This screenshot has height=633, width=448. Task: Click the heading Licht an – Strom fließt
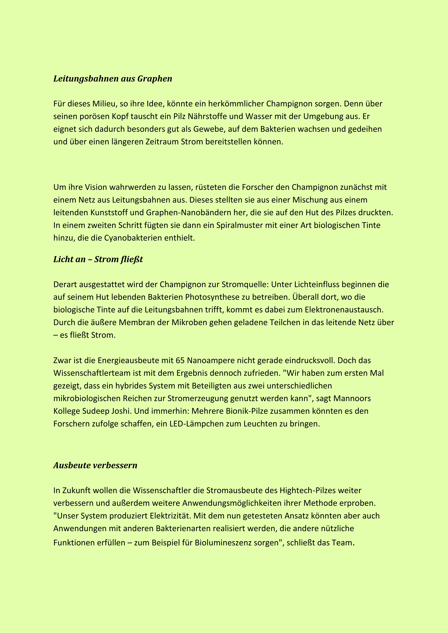point(98,259)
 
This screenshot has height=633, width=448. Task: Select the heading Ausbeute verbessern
point(95,465)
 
